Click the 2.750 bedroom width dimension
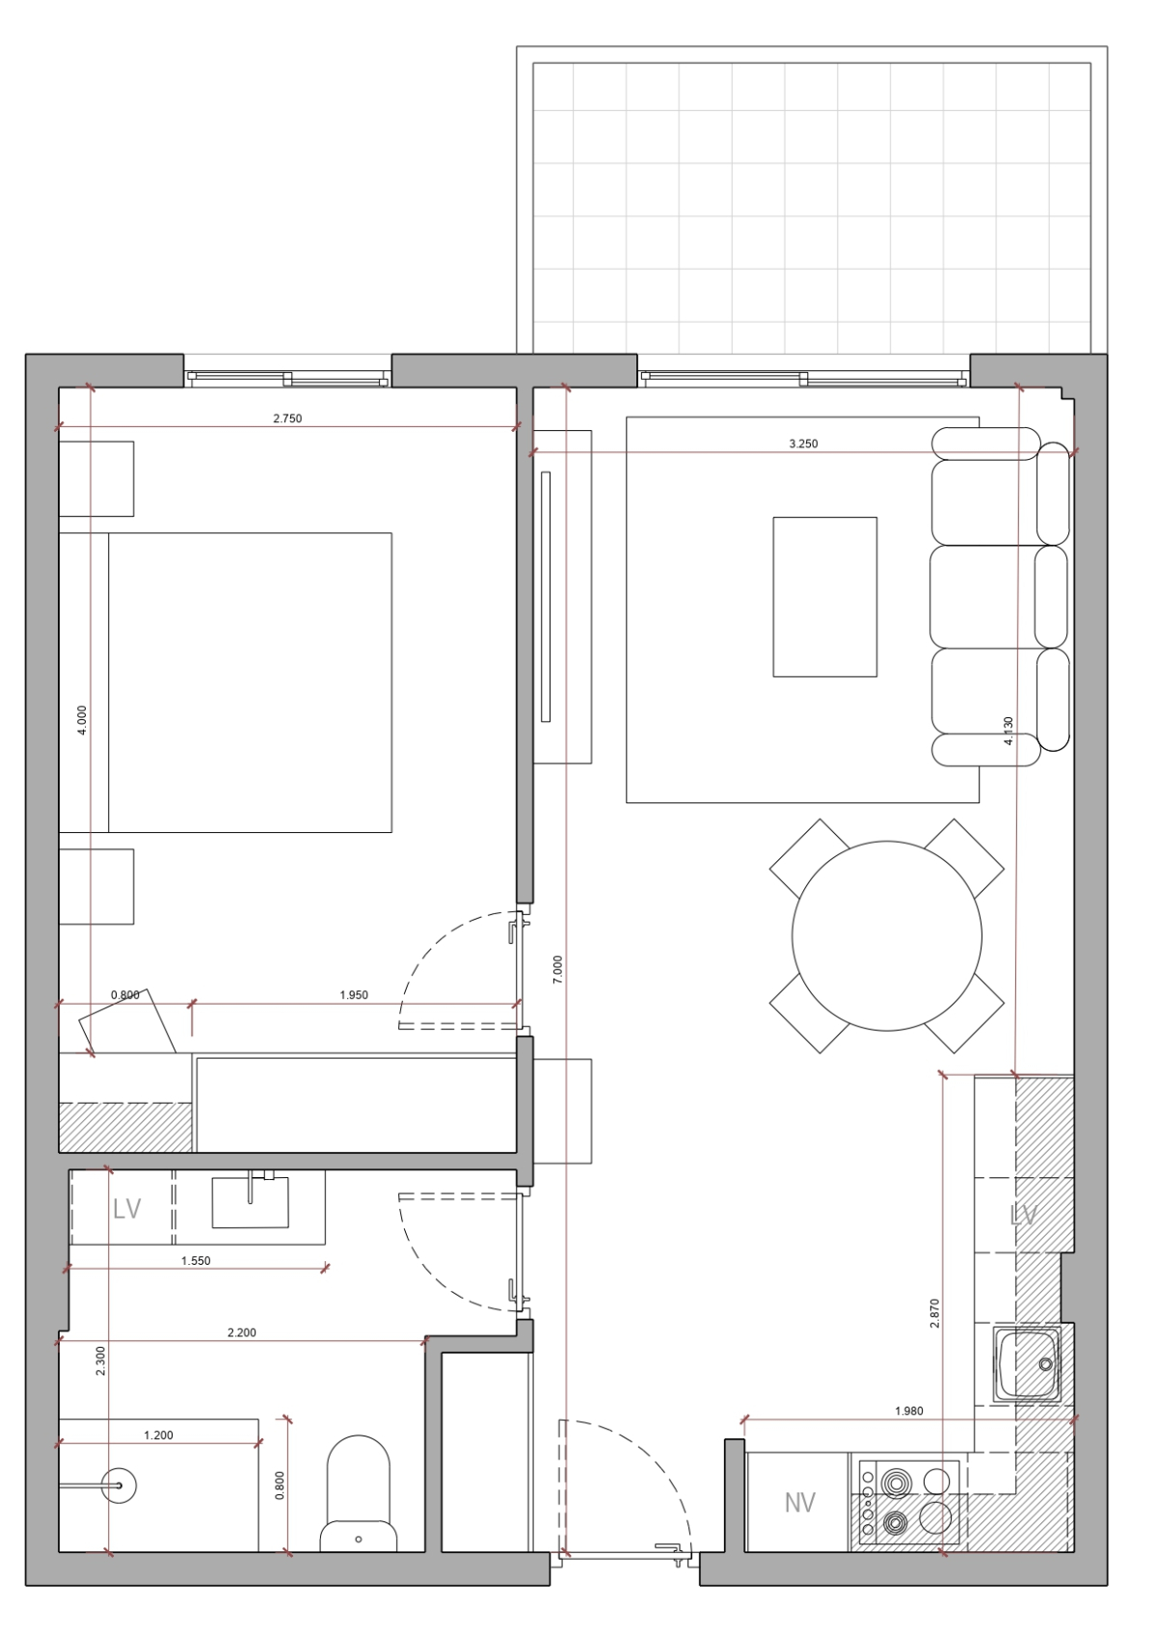pos(287,418)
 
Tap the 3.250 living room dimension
pos(803,443)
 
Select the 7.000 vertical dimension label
pos(557,970)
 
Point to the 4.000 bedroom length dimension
pos(82,720)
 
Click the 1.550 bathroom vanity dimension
pos(196,1261)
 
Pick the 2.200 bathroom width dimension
pos(242,1332)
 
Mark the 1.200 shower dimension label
pos(158,1435)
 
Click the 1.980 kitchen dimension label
pos(909,1410)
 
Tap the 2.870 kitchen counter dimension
pos(935,1313)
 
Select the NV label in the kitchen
pos(799,1503)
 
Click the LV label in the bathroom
pos(127,1209)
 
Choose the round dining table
pos(887,935)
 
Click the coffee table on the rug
pos(825,597)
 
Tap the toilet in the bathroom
pos(358,1495)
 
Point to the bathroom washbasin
pos(250,1201)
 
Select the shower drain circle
pos(119,1485)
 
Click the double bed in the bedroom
pos(225,683)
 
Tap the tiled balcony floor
pos(812,208)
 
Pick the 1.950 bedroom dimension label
pos(354,995)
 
